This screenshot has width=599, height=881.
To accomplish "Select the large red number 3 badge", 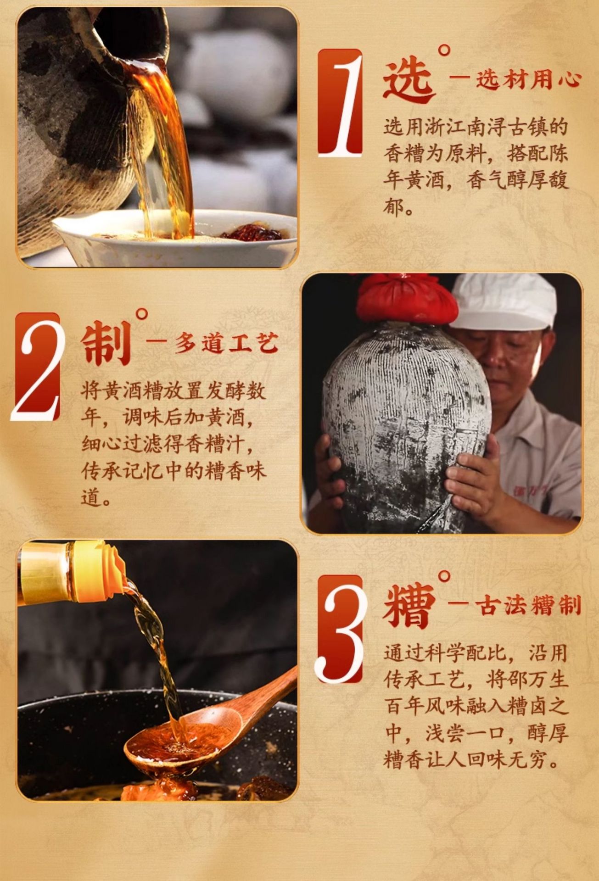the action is [340, 629].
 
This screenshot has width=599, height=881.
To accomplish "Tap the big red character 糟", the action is [409, 606].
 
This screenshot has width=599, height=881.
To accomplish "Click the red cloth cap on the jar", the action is [407, 298].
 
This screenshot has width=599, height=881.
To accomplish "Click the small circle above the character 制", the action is [142, 314].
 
